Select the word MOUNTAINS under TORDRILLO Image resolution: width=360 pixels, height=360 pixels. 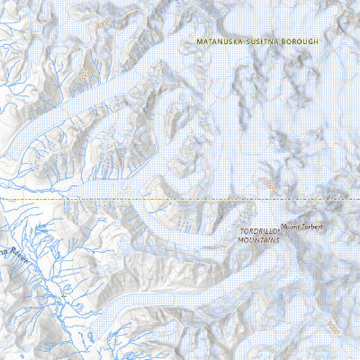click(259, 240)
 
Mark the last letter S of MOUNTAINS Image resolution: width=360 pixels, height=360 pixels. click(279, 240)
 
